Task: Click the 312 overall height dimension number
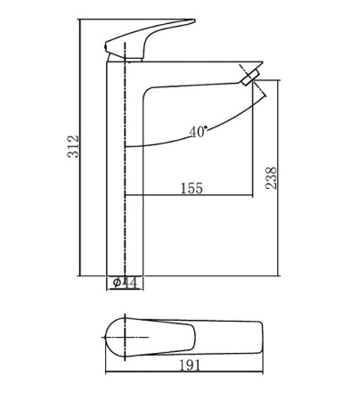tap(75, 146)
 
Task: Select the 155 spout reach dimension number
tap(191, 187)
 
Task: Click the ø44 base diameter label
tap(124, 282)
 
